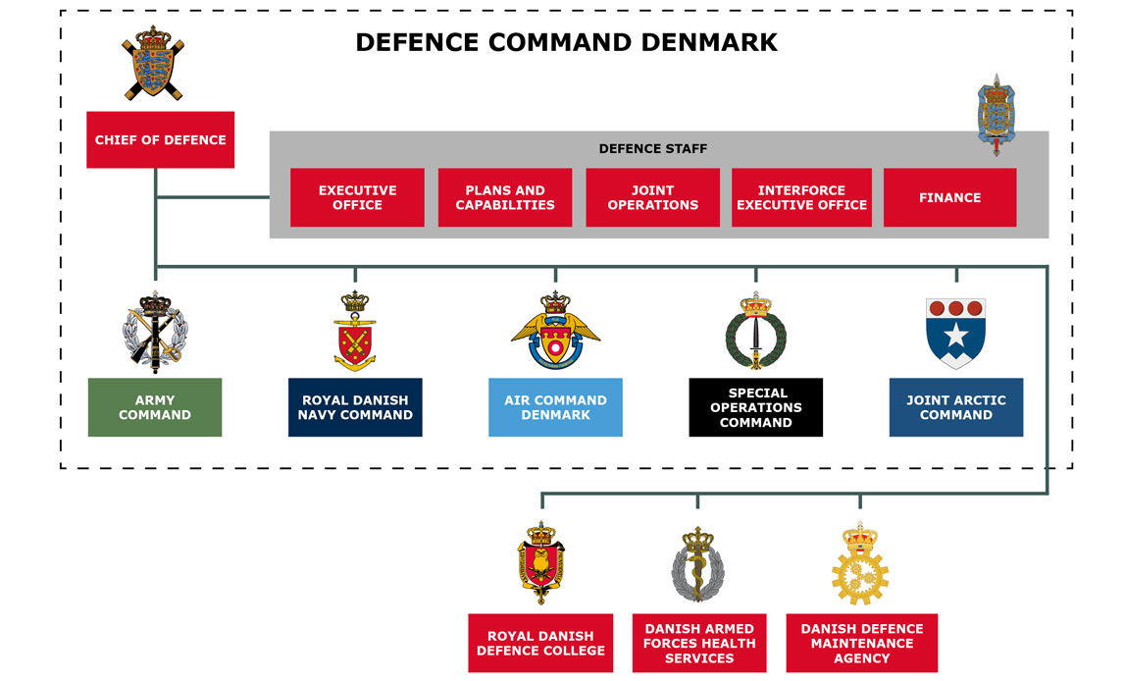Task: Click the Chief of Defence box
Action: pyautogui.click(x=160, y=139)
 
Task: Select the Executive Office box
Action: pyautogui.click(x=357, y=197)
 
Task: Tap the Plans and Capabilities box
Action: pyautogui.click(x=505, y=197)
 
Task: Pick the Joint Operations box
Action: pyautogui.click(x=652, y=197)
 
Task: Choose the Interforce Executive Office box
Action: pyautogui.click(x=801, y=197)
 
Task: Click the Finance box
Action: pyautogui.click(x=949, y=197)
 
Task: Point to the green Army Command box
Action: pyautogui.click(x=155, y=407)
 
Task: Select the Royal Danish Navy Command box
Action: pyautogui.click(x=355, y=407)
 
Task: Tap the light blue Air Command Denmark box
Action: pyautogui.click(x=555, y=407)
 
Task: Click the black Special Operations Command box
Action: pyautogui.click(x=755, y=407)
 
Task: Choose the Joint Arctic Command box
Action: pyautogui.click(x=955, y=407)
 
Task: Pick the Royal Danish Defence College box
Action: pyautogui.click(x=540, y=643)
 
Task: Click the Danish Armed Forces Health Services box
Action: pyautogui.click(x=699, y=643)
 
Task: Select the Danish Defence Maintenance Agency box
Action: pyautogui.click(x=861, y=643)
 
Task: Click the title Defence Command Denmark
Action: pyautogui.click(x=566, y=42)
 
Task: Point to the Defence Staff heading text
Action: pyautogui.click(x=652, y=149)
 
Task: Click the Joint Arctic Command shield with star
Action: pyautogui.click(x=955, y=333)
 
